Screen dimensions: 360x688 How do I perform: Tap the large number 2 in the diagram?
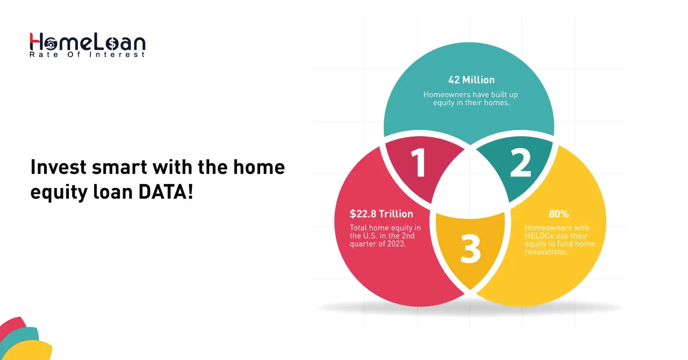point(520,163)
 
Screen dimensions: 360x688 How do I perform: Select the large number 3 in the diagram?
point(471,249)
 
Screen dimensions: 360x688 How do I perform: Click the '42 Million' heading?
point(471,80)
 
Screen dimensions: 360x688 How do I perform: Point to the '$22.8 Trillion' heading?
point(381,214)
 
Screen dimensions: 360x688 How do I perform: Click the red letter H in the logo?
point(36,42)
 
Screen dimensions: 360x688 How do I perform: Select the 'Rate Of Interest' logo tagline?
point(87,55)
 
